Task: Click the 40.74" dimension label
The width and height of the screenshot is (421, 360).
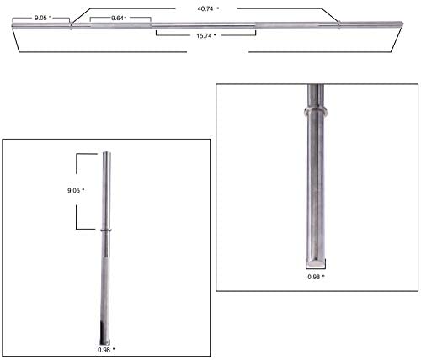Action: pyautogui.click(x=208, y=8)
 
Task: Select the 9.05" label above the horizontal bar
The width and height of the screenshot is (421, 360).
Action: pyautogui.click(x=43, y=18)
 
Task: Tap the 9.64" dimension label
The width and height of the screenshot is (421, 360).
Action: pyautogui.click(x=119, y=19)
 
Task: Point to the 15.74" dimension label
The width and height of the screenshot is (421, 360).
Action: pyautogui.click(x=206, y=35)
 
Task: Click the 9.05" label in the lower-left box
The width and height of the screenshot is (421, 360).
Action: pyautogui.click(x=76, y=190)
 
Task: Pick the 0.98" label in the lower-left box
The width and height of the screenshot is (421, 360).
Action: pyautogui.click(x=106, y=350)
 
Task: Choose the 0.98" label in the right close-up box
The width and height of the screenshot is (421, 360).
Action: pyautogui.click(x=316, y=277)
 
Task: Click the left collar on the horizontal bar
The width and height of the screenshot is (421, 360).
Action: pyautogui.click(x=71, y=26)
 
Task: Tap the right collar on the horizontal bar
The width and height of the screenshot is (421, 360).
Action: pyautogui.click(x=339, y=24)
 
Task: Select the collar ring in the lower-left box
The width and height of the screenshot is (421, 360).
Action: pyautogui.click(x=106, y=230)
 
